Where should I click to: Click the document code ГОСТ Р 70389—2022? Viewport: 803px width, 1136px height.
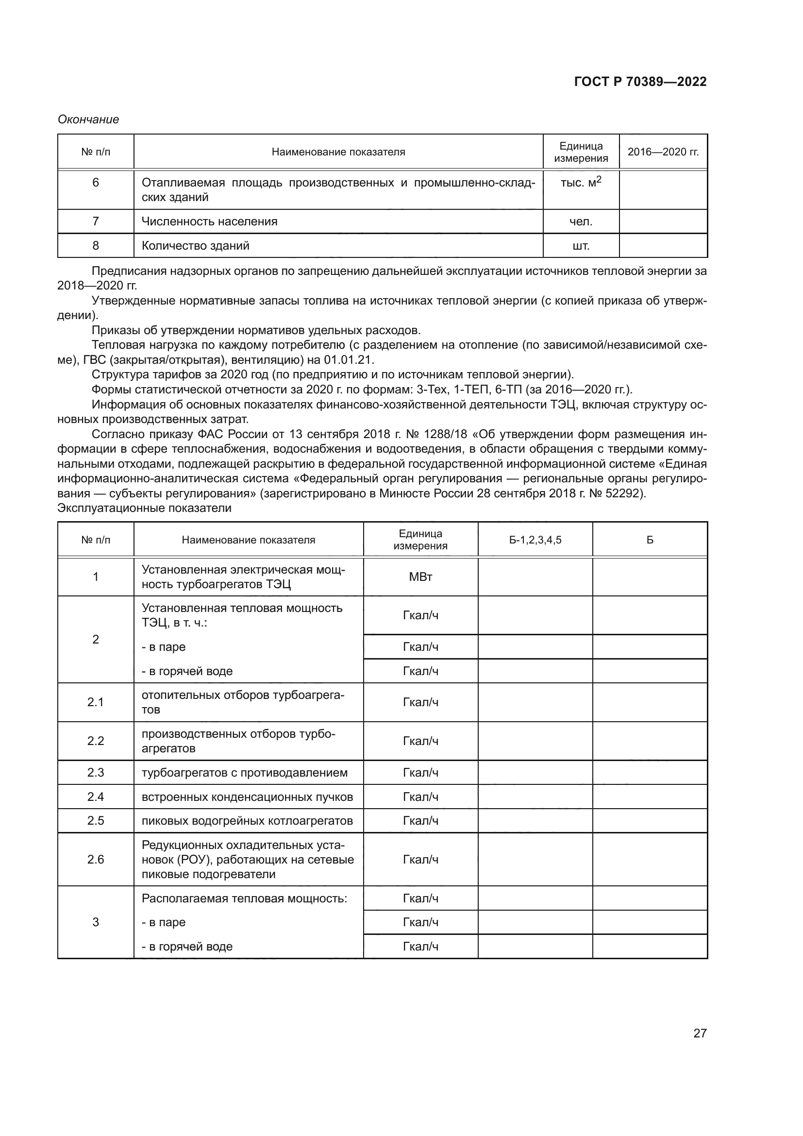640,82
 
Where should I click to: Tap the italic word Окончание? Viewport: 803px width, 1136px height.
88,119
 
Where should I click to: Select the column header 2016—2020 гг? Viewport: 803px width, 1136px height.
663,152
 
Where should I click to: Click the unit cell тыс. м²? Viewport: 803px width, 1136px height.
581,182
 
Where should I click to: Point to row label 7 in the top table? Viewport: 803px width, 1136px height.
96,221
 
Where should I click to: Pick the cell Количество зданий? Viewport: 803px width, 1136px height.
195,245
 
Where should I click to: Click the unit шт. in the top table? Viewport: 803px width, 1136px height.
581,245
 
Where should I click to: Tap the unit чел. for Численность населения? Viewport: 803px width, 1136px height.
581,221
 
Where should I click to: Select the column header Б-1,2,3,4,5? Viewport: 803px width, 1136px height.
535,540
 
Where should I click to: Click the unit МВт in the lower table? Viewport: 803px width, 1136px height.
420,577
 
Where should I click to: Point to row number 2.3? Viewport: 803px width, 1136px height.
96,773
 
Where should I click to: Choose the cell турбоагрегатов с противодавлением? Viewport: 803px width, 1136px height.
244,773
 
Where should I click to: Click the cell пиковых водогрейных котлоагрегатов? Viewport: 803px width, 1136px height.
247,821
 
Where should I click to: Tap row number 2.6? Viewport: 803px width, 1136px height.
96,860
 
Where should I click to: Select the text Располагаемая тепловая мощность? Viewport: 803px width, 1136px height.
244,898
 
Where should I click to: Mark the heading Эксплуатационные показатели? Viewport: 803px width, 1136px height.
144,508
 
